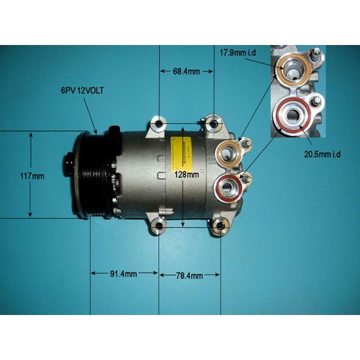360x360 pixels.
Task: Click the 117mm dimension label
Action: pos(32,176)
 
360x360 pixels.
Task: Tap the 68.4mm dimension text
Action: pos(186,71)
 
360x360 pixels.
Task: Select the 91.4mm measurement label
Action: pos(123,274)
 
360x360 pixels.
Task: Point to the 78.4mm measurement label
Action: pos(190,275)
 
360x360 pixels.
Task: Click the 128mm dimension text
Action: pos(187,175)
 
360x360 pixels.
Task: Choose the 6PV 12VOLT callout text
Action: pos(82,91)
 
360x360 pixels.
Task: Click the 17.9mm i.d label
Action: pos(238,53)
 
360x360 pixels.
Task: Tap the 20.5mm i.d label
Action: pos(322,154)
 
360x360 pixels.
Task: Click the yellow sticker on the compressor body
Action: pos(180,152)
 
